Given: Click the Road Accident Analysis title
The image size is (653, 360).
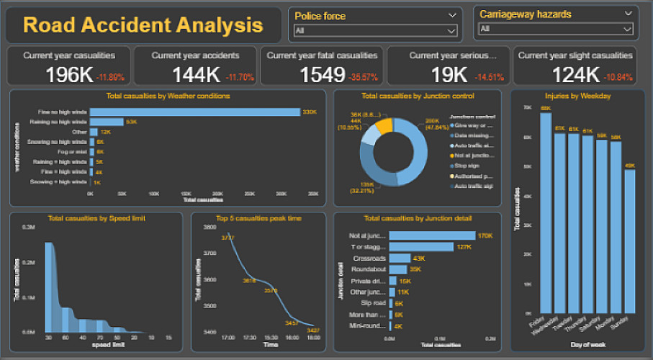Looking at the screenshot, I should point(143,25).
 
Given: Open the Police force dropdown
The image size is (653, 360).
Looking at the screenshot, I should point(375,30).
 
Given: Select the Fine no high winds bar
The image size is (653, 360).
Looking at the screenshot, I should point(194,112).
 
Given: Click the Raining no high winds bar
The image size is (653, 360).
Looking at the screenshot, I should point(107,122).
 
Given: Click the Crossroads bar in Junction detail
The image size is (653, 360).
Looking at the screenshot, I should point(400,258).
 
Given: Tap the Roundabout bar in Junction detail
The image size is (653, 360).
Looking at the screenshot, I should point(398,269).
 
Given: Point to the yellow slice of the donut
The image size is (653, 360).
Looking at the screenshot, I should point(385,125).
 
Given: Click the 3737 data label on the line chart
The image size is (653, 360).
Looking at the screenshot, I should point(228,237).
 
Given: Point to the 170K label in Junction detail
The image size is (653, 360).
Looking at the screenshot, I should point(485,235).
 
